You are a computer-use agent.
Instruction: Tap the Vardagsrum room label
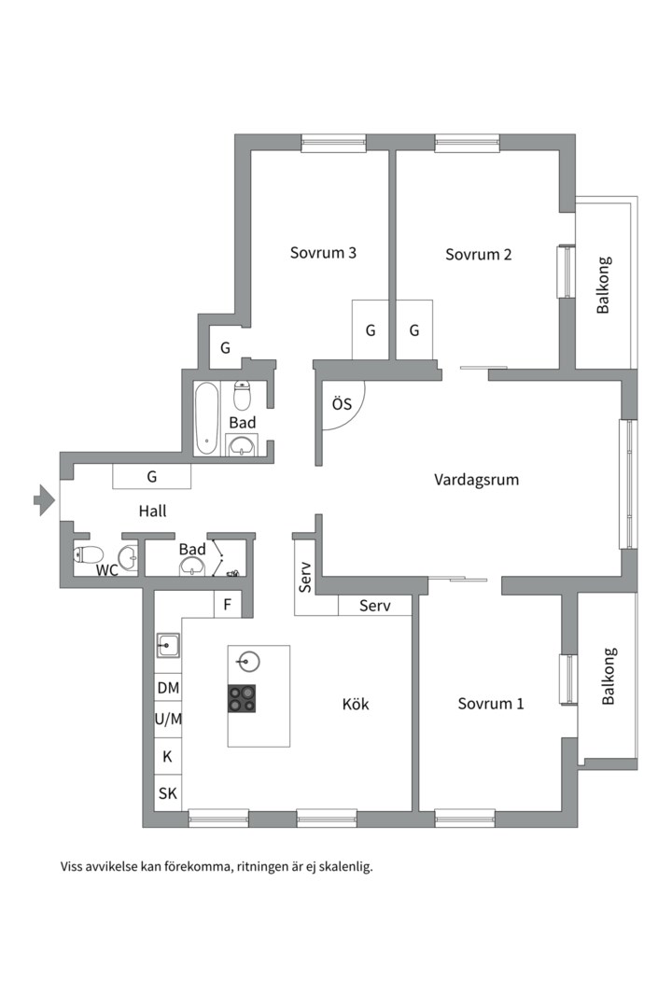477,480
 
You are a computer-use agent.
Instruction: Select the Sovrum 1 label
491,704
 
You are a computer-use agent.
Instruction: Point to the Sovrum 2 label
479,254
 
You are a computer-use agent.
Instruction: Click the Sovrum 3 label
323,252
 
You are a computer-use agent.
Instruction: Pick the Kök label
356,704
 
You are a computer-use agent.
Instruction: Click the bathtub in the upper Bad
207,418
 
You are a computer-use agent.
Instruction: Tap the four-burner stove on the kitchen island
242,698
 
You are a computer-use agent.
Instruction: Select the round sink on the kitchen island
247,661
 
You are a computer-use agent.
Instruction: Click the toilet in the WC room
89,554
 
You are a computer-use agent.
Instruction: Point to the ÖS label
343,404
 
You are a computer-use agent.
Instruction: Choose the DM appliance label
169,688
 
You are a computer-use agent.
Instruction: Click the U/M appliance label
169,720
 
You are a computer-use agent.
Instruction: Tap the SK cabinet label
168,793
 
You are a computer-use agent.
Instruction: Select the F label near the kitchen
228,605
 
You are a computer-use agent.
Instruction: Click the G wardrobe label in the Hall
152,476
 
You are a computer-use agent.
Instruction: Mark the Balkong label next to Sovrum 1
609,677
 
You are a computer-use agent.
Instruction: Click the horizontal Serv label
375,606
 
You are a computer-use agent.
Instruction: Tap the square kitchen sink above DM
168,645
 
